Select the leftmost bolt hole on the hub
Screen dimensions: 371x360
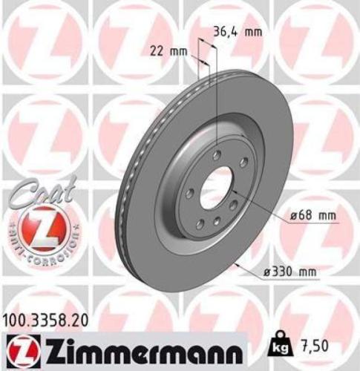tap(190, 194)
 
